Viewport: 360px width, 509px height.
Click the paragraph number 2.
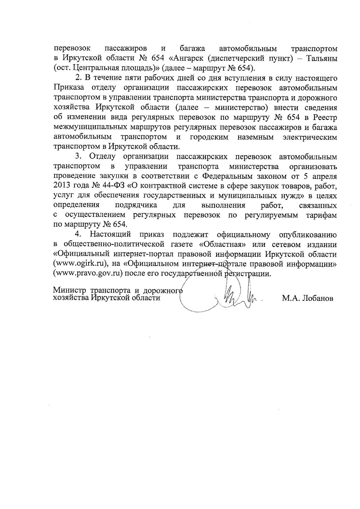point(78,78)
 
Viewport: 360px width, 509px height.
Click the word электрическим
point(310,137)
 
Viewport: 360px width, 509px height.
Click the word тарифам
point(321,215)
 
